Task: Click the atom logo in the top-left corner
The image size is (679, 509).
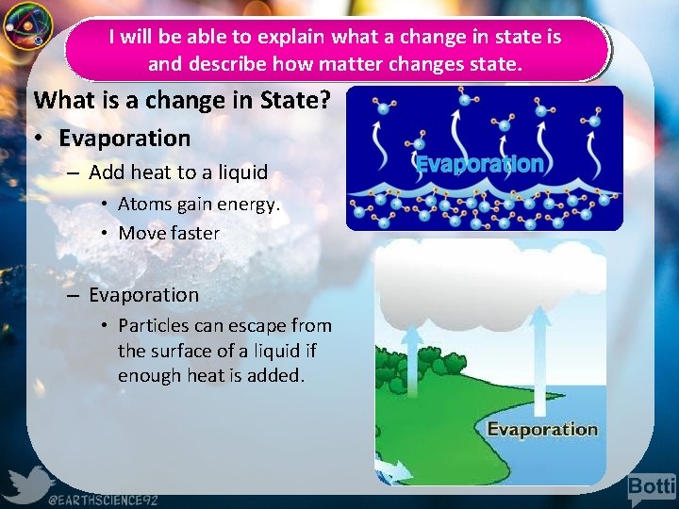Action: tap(25, 26)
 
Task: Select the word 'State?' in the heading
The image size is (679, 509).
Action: tap(295, 99)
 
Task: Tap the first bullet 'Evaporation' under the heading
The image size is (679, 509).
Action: tap(124, 139)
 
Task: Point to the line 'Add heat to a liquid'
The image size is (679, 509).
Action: tap(178, 172)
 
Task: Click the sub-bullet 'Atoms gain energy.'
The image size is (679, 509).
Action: tap(199, 205)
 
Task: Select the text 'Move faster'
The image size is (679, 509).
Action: tap(169, 233)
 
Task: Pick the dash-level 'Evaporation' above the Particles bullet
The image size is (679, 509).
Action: tap(144, 295)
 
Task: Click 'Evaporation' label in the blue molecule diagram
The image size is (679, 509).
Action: tap(480, 164)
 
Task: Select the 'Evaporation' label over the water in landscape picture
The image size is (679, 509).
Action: tap(542, 430)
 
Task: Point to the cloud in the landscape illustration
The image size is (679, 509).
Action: tap(490, 273)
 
